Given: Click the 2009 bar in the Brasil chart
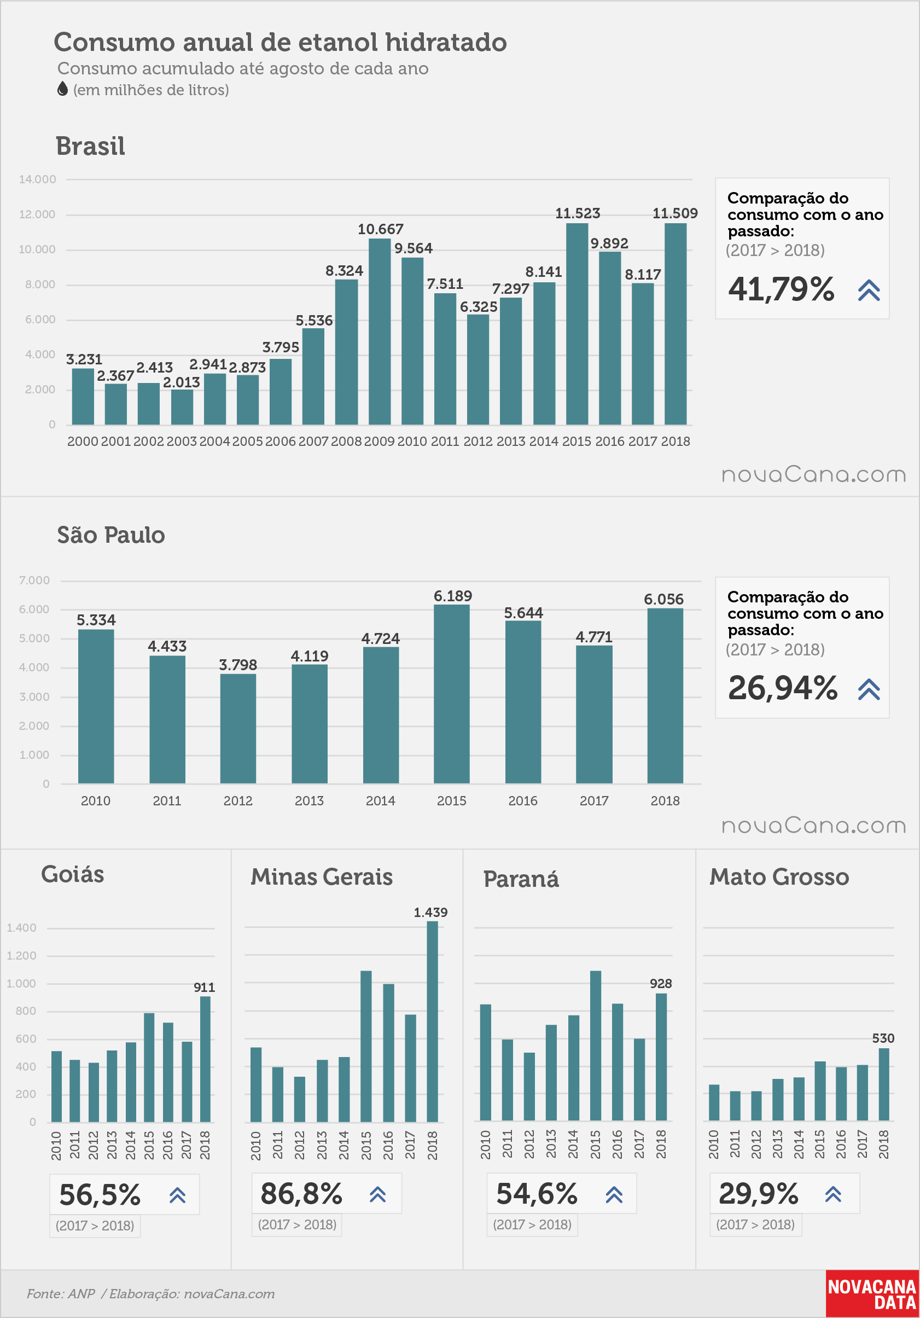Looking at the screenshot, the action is pyautogui.click(x=380, y=331).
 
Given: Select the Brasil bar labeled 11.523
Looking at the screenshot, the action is pyautogui.click(x=577, y=324).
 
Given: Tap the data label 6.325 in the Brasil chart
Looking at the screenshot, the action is pyautogui.click(x=478, y=306).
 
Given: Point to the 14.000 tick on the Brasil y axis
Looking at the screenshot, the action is pyautogui.click(x=37, y=179).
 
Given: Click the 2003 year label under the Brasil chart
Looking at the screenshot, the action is pyautogui.click(x=182, y=441).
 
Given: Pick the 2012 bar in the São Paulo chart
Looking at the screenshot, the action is pyautogui.click(x=238, y=728).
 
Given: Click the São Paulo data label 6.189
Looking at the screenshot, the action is pyautogui.click(x=453, y=596).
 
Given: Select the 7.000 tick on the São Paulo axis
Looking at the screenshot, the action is pyautogui.click(x=34, y=580).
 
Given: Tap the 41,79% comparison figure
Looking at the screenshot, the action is pyautogui.click(x=781, y=289).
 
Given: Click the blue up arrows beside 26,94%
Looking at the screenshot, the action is pyautogui.click(x=869, y=689).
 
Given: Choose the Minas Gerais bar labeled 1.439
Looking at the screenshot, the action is pyautogui.click(x=432, y=1021).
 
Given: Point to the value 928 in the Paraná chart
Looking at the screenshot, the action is pyautogui.click(x=661, y=983).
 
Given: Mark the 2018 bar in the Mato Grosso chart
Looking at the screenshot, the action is pyautogui.click(x=884, y=1084).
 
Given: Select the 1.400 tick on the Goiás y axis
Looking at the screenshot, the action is pyautogui.click(x=21, y=928).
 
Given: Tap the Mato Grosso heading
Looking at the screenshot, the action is pyautogui.click(x=779, y=876).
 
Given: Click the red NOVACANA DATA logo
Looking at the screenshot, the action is pyautogui.click(x=872, y=1294).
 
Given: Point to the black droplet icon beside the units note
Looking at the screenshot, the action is pyautogui.click(x=62, y=89).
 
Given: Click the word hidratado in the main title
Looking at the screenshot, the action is pyautogui.click(x=446, y=42).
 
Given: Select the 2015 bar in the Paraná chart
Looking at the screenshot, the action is pyautogui.click(x=595, y=1046).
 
